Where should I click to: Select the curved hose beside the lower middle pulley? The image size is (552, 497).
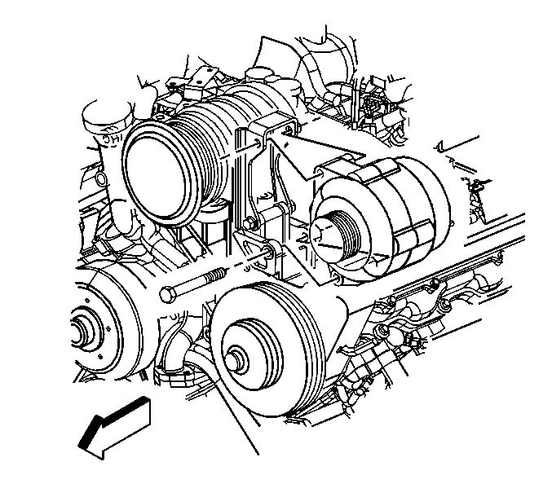tap(196, 358)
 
